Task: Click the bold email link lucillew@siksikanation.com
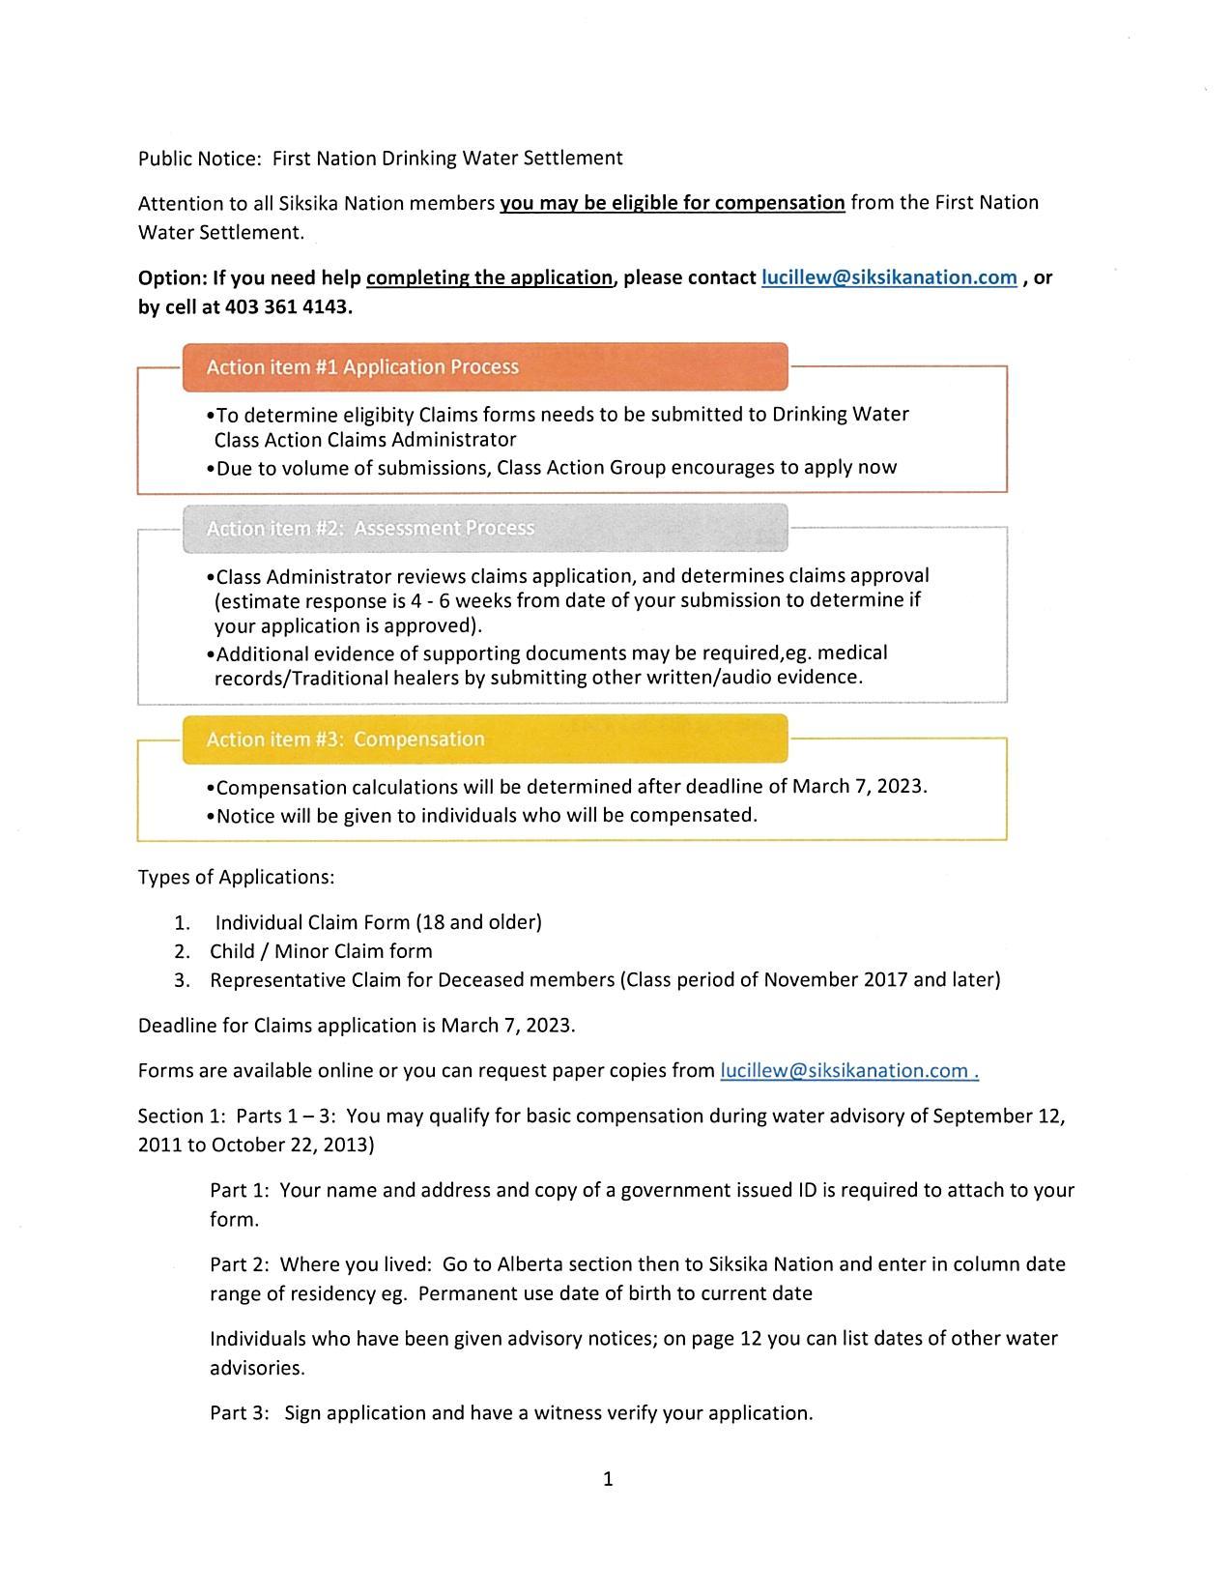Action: [888, 277]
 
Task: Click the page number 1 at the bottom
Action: [608, 1478]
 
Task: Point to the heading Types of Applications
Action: [236, 877]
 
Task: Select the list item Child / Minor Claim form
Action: [321, 951]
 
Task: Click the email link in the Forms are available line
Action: [848, 1070]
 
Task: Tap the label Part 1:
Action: [239, 1190]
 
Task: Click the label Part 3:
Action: [239, 1413]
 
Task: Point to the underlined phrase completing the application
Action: [489, 277]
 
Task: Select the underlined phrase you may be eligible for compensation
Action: [672, 203]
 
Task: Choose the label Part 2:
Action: [239, 1264]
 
